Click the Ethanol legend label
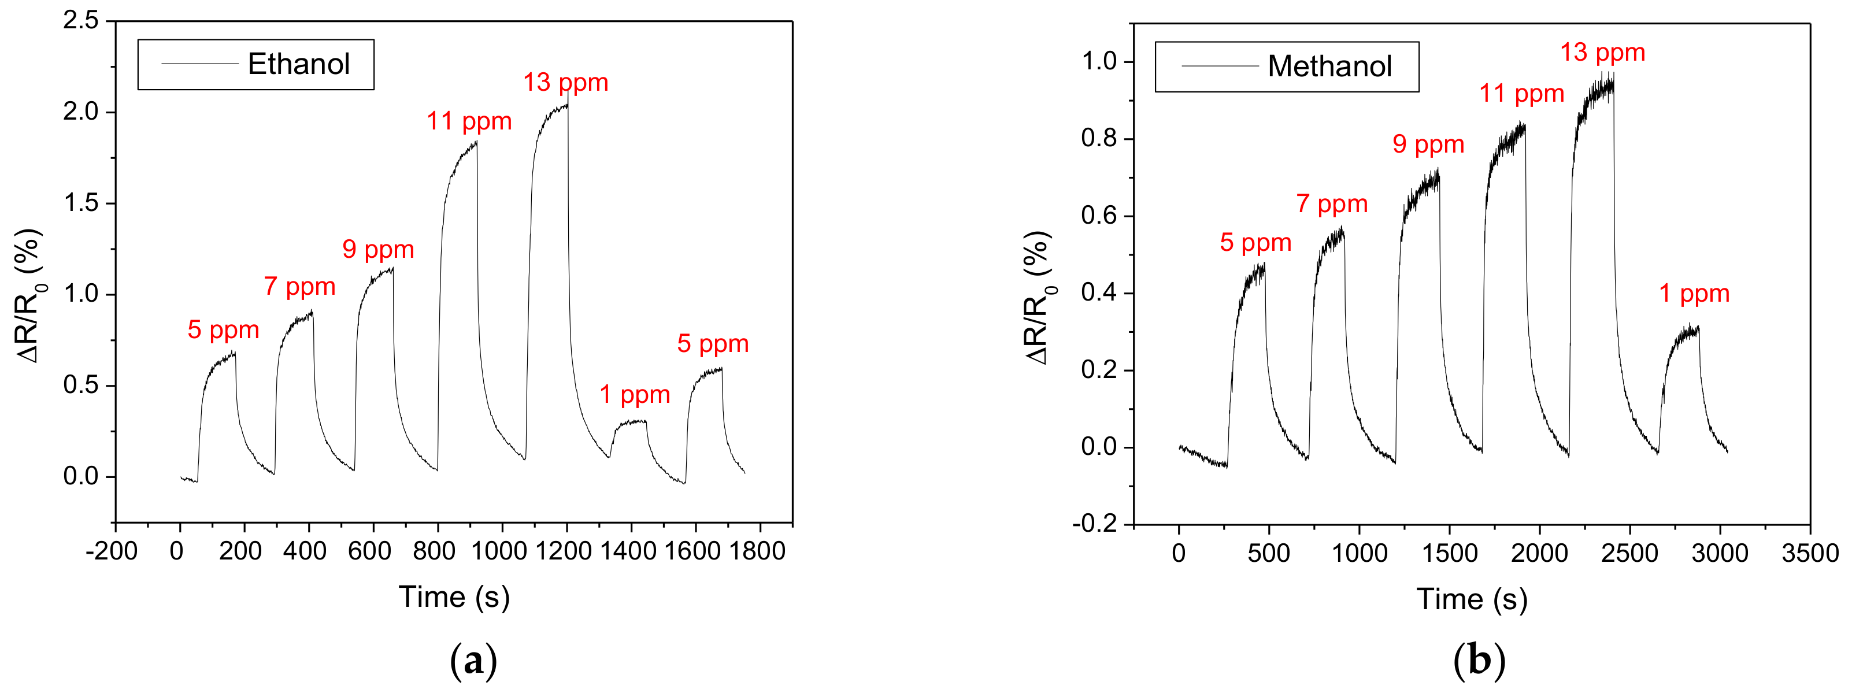[x=298, y=64]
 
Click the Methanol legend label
[x=1329, y=66]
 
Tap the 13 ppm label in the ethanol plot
[x=565, y=83]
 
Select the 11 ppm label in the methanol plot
[x=1521, y=94]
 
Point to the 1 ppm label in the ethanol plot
[x=634, y=394]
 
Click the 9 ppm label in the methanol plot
[x=1428, y=144]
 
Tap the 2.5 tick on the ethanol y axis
[x=80, y=20]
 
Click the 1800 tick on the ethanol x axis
[x=757, y=551]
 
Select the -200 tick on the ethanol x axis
[x=112, y=551]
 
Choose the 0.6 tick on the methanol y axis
[x=1099, y=216]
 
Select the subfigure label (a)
[x=473, y=660]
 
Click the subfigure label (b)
[x=1478, y=660]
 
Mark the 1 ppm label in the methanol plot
[x=1694, y=293]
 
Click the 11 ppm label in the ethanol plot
[x=469, y=121]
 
